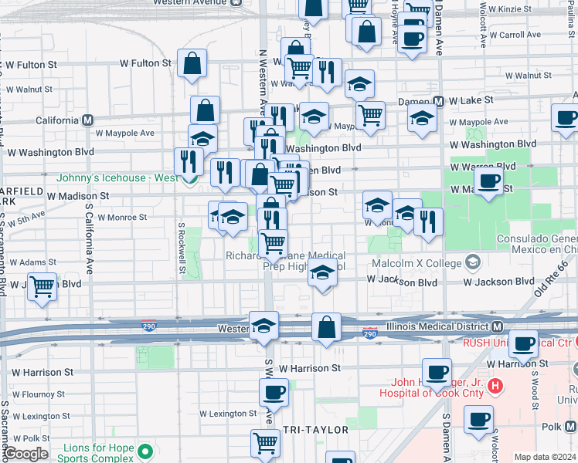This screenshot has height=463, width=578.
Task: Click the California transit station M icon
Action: click(x=87, y=121)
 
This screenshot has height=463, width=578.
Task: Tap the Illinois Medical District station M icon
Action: click(x=498, y=327)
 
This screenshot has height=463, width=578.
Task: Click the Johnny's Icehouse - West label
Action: click(x=117, y=177)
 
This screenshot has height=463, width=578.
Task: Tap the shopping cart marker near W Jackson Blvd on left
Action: click(x=42, y=286)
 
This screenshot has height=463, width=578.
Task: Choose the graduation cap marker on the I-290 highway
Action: click(x=263, y=325)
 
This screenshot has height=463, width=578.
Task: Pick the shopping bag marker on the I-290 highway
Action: click(x=326, y=326)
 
